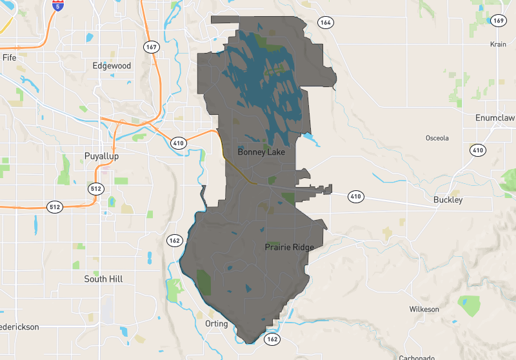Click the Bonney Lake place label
pyautogui.click(x=261, y=152)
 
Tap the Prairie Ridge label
pyautogui.click(x=289, y=247)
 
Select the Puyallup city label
pyautogui.click(x=101, y=156)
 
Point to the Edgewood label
pyautogui.click(x=112, y=66)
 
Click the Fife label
pyautogui.click(x=9, y=57)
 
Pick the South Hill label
pyautogui.click(x=103, y=279)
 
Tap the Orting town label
pyautogui.click(x=216, y=324)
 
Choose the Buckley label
pyautogui.click(x=448, y=200)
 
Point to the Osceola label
pyautogui.click(x=437, y=138)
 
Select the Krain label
pyautogui.click(x=497, y=45)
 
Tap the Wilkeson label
pyautogui.click(x=424, y=310)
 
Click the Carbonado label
pyautogui.click(x=416, y=357)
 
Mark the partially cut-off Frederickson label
pyautogui.click(x=19, y=327)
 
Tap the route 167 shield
pyautogui.click(x=152, y=47)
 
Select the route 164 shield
pyautogui.click(x=326, y=23)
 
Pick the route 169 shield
pyautogui.click(x=497, y=21)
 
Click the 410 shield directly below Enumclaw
pyautogui.click(x=477, y=150)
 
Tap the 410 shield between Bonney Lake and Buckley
pyautogui.click(x=355, y=195)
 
